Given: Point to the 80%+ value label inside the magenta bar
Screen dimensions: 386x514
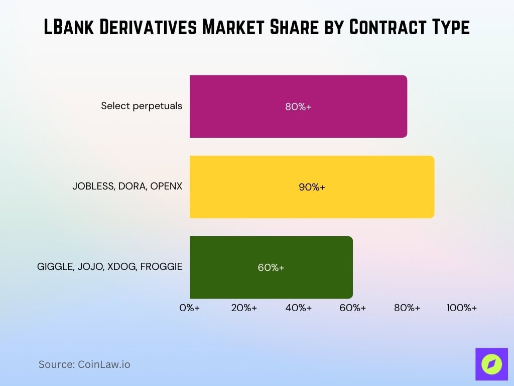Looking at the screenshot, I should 298,107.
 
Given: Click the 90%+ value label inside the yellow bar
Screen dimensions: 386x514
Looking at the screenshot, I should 312,187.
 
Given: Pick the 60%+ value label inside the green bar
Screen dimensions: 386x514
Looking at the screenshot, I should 271,267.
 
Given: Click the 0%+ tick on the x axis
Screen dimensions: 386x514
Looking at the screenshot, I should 190,308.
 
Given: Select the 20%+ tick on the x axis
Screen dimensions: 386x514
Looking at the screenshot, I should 244,308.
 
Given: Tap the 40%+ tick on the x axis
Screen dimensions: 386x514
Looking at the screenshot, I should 298,308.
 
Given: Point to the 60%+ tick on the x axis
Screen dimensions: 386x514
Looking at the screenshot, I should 352,308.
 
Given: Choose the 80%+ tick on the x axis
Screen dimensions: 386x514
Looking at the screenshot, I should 407,308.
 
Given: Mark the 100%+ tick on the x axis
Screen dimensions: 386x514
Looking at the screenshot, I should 461,308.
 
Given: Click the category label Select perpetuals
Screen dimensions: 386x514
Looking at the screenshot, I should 142,106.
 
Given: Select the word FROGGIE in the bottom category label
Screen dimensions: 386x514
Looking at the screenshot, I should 161,267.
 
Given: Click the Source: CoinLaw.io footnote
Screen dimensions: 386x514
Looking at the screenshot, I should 84,364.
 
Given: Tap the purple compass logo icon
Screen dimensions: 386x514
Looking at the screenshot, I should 491,364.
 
